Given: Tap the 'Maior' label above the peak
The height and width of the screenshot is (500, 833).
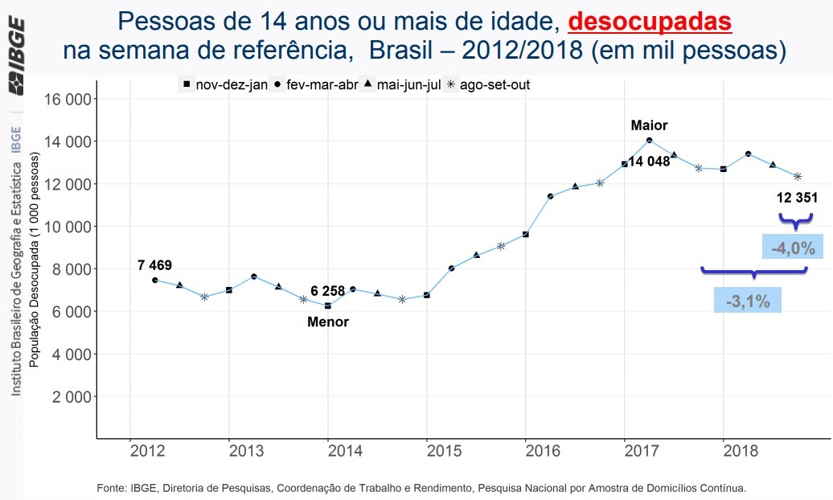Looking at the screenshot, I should (649, 125).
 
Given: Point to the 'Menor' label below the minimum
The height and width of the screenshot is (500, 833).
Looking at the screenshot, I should (328, 322).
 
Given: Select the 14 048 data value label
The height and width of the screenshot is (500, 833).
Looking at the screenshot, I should (649, 162).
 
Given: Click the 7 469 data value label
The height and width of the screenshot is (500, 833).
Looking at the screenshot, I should (154, 265).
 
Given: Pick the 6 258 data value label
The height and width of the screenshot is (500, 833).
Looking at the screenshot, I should (327, 291).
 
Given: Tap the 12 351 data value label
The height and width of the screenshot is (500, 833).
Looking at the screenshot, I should (797, 198).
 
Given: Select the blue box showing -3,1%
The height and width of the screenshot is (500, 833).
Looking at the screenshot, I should (748, 302).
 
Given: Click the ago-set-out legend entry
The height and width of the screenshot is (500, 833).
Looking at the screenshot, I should (490, 84).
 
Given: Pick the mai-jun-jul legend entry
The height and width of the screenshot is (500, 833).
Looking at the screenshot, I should (402, 84).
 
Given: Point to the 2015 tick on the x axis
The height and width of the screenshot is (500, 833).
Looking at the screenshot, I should (427, 450).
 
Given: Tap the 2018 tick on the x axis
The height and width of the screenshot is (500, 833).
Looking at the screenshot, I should (724, 450).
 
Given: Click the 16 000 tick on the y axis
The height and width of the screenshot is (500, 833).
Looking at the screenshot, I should (69, 99).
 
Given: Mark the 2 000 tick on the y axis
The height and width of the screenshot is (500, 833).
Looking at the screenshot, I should (72, 396).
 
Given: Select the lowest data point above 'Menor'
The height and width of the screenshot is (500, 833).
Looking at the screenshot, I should (328, 305).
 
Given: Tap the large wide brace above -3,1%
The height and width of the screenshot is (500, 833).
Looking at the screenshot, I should (753, 272).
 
